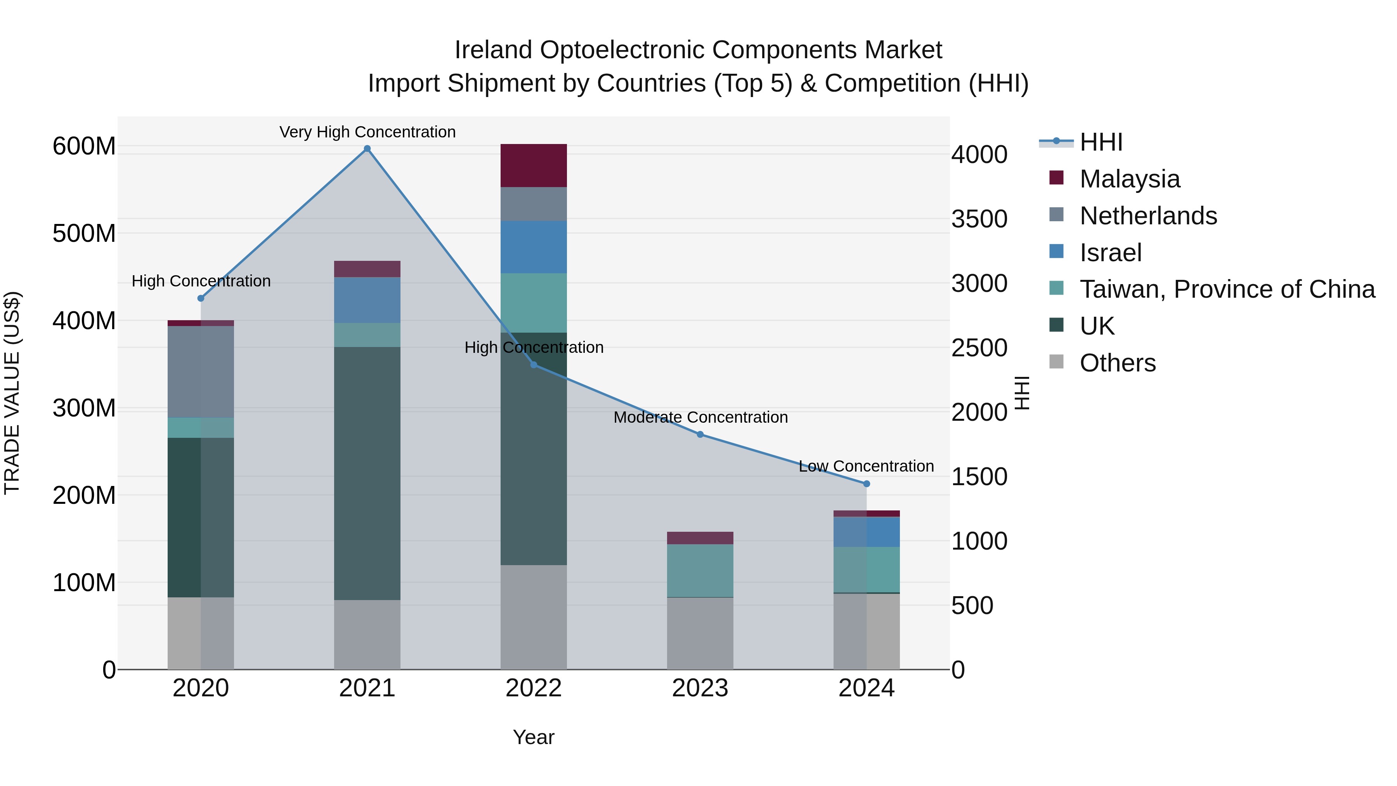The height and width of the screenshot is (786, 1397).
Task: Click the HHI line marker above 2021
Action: [367, 149]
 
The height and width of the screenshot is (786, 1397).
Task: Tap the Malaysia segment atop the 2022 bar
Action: [534, 165]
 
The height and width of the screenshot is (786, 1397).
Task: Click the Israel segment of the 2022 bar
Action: [534, 247]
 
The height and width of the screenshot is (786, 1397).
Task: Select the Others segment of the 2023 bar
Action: [700, 633]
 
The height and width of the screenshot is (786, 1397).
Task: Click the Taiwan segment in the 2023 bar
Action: [700, 570]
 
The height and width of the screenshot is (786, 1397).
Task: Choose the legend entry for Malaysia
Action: [1129, 179]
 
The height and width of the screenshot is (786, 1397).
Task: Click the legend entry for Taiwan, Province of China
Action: [1227, 289]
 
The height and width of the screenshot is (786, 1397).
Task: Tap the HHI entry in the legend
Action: [1101, 142]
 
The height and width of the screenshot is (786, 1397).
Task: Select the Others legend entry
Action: [1117, 363]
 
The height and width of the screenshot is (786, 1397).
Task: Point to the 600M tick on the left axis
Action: [84, 146]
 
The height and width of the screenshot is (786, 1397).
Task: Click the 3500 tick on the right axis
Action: [979, 219]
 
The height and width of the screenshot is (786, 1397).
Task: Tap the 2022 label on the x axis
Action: [534, 688]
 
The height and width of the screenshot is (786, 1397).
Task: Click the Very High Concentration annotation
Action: [367, 132]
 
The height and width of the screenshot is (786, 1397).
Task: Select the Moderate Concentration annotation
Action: [700, 417]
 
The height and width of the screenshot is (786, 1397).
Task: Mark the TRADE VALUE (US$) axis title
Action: [12, 393]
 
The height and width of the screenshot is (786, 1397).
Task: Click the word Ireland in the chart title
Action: [492, 50]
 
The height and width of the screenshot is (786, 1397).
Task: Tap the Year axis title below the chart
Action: [534, 737]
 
